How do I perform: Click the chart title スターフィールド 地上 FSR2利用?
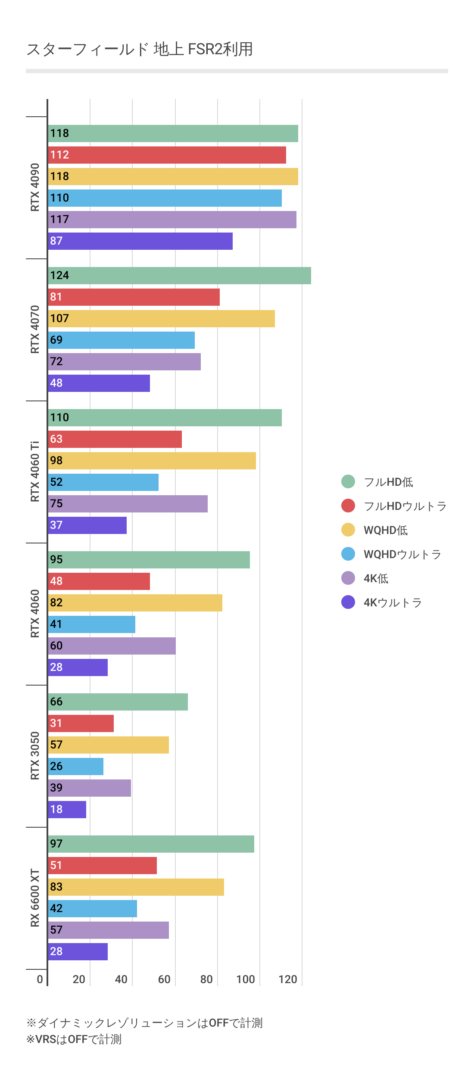pyautogui.click(x=140, y=50)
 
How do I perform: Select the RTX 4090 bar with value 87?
pyautogui.click(x=140, y=241)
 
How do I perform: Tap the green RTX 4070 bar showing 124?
pyautogui.click(x=180, y=276)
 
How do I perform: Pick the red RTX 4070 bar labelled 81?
pyautogui.click(x=134, y=297)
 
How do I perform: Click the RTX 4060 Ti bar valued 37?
pyautogui.click(x=87, y=525)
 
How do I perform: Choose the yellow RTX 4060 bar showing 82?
pyautogui.click(x=135, y=603)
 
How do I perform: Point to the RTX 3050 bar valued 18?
pyautogui.click(x=67, y=810)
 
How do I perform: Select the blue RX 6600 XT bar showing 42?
pyautogui.click(x=93, y=909)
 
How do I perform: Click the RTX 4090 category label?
pyautogui.click(x=35, y=187)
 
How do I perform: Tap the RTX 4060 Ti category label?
pyautogui.click(x=35, y=472)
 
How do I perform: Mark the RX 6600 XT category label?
pyautogui.click(x=35, y=898)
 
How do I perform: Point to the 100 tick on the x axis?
pyautogui.click(x=246, y=980)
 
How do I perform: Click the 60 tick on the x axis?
pyautogui.click(x=164, y=980)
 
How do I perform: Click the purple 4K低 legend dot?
pyautogui.click(x=348, y=578)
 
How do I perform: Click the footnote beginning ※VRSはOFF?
pyautogui.click(x=74, y=1040)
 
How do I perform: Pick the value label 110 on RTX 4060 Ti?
pyautogui.click(x=59, y=418)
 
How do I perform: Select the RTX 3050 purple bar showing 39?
pyautogui.click(x=90, y=788)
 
